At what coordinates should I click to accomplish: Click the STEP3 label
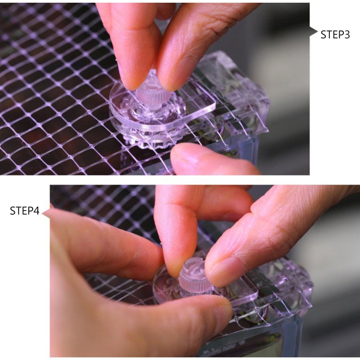(335, 35)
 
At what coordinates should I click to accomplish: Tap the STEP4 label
(25, 211)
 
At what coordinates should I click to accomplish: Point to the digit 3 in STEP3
(346, 35)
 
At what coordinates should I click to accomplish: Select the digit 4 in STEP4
(36, 211)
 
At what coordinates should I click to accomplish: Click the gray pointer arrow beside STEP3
(313, 32)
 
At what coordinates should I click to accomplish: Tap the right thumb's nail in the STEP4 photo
(226, 272)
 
